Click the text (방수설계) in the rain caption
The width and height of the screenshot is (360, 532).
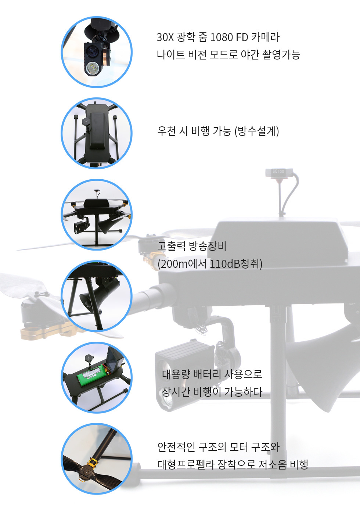(x=257, y=131)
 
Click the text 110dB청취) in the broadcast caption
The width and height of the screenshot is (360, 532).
(x=236, y=264)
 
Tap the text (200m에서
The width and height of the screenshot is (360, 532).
(x=182, y=264)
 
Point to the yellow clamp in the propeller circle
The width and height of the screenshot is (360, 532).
(x=93, y=462)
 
